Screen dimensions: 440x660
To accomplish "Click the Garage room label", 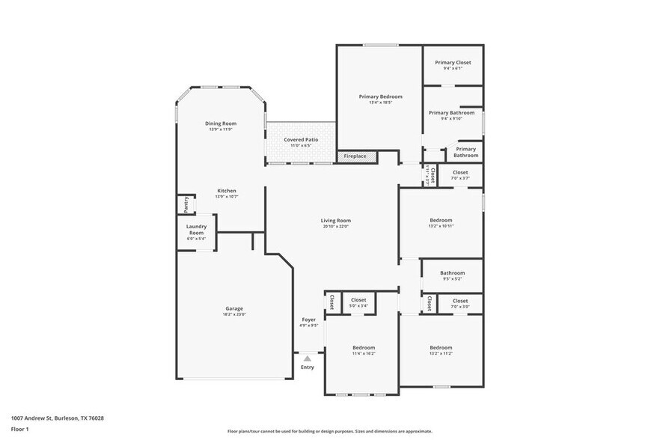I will coord(234,308).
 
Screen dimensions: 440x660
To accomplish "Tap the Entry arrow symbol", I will coord(308,358).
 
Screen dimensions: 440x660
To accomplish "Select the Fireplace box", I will coord(355,156).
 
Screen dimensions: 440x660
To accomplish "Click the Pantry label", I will coord(183,204).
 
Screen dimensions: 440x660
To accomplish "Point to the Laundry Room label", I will coord(196,229).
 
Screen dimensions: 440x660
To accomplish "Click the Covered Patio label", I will coord(301,139).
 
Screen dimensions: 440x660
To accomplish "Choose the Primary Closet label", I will coord(453,62).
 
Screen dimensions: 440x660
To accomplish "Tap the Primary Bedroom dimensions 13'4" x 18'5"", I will coord(380,103).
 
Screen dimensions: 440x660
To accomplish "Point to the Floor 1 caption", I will coord(19,429).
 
